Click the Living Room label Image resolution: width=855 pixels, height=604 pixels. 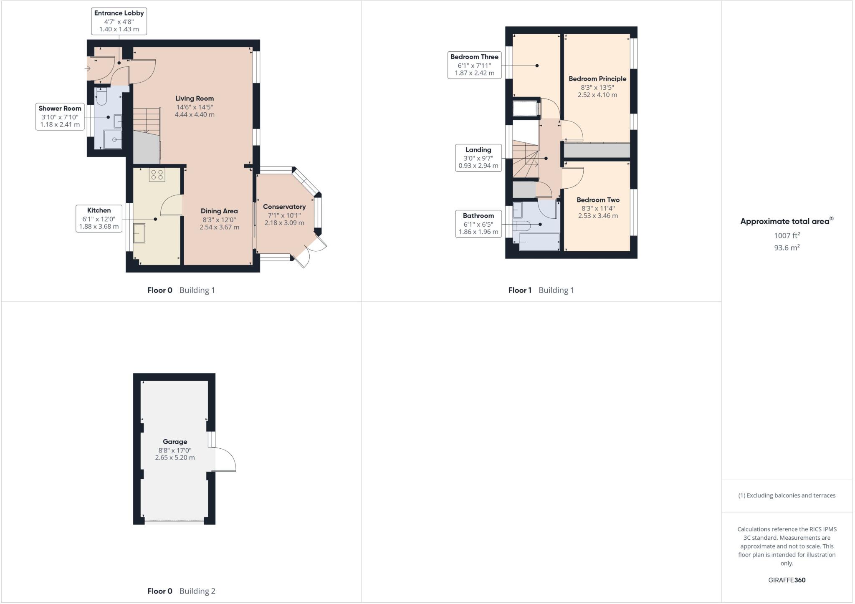194,99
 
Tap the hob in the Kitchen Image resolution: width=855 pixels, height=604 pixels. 157,175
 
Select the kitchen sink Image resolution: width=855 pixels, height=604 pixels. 139,233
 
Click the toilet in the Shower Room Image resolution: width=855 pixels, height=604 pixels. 101,98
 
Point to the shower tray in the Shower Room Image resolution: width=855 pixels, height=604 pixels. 113,139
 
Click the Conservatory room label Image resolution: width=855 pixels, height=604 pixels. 284,207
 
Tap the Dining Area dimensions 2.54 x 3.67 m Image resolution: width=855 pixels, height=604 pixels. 219,227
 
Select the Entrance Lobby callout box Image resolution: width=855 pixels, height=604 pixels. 119,21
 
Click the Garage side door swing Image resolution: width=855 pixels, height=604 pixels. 225,459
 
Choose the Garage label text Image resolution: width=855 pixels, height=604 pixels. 175,442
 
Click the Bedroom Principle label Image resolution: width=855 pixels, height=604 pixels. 597,78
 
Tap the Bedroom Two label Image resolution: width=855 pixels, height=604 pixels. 598,200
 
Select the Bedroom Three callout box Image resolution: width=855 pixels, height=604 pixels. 474,65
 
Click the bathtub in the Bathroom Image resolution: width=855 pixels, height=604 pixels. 539,242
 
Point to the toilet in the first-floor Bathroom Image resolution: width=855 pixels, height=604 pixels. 523,226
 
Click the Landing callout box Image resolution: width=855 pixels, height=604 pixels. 478,158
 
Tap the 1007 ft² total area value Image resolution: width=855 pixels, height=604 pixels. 787,235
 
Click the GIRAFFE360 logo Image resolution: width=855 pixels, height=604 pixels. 787,580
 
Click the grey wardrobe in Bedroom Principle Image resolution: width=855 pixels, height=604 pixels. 597,150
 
